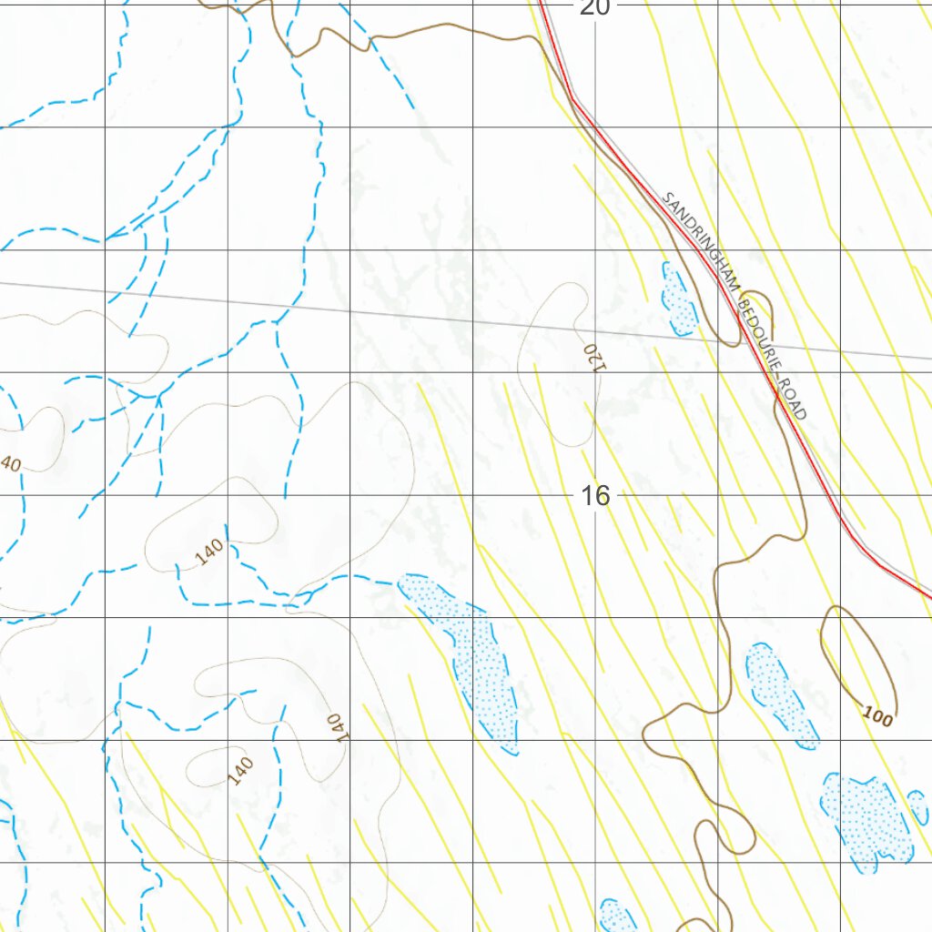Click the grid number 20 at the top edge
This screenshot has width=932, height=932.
594,7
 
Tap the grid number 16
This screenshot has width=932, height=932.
594,496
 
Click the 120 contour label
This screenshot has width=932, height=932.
593,355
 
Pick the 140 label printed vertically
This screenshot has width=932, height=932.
336,726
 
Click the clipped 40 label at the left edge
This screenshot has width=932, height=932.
9,462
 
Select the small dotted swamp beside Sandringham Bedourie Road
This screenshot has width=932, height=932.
677,299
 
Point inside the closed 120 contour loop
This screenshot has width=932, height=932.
555,364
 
